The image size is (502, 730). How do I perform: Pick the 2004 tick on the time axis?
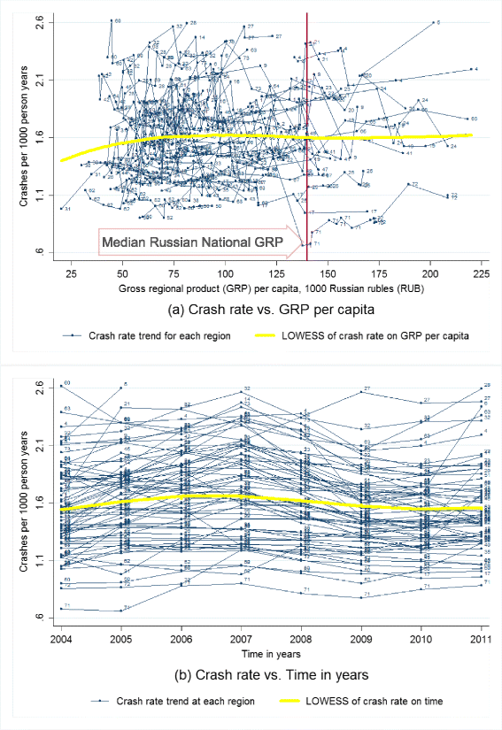pos(61,639)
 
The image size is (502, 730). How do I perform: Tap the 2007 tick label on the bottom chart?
pos(242,639)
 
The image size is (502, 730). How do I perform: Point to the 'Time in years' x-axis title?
pos(271,653)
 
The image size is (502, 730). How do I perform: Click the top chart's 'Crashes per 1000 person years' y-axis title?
pos(26,138)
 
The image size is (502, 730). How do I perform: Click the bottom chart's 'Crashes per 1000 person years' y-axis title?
pos(26,500)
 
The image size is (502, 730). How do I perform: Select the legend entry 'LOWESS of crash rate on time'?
pos(371,700)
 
